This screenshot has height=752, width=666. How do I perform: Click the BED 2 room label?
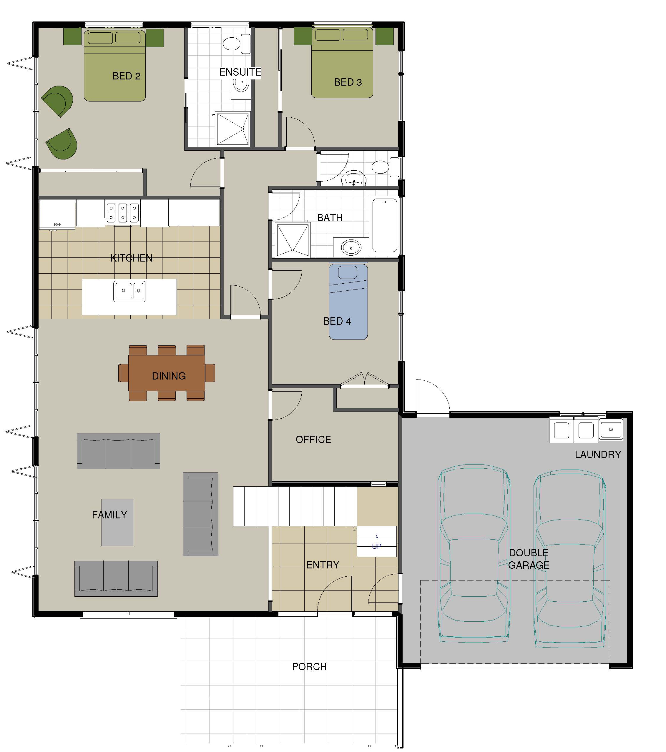(x=126, y=76)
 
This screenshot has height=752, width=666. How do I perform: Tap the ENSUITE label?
(x=240, y=72)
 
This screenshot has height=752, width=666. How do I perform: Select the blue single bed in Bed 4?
(x=348, y=301)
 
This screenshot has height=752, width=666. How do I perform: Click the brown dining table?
(x=167, y=373)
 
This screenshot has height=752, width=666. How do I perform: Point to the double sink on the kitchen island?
(x=129, y=291)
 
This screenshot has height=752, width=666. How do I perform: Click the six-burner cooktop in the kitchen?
(x=122, y=213)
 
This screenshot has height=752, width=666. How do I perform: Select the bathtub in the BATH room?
(x=385, y=225)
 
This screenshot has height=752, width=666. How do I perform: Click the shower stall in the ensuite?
(x=232, y=129)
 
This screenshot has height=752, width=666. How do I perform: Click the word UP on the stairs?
(x=376, y=546)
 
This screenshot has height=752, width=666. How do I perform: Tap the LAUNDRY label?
(x=598, y=455)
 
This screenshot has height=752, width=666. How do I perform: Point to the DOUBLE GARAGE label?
(x=529, y=559)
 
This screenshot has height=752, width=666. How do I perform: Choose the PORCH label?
(x=309, y=667)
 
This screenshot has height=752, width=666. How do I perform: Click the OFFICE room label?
(x=313, y=439)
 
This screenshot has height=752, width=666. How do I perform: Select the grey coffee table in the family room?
(x=117, y=523)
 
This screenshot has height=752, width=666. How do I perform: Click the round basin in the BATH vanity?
(x=351, y=248)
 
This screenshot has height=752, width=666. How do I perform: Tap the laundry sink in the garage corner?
(x=611, y=429)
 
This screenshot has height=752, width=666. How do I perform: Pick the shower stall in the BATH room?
(x=293, y=239)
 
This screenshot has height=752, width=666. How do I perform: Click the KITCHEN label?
(x=131, y=258)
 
